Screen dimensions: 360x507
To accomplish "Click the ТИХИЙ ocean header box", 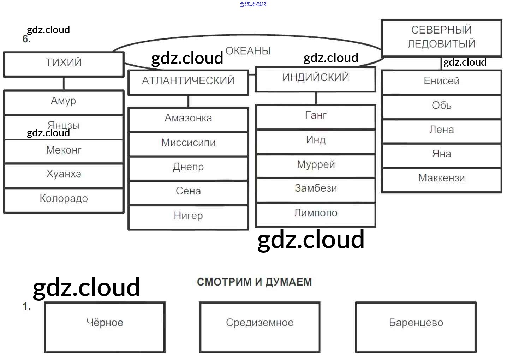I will click(x=64, y=64).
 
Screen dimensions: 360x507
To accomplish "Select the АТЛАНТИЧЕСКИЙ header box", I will click(x=188, y=82).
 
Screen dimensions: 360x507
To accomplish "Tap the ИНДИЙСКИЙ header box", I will click(x=316, y=78).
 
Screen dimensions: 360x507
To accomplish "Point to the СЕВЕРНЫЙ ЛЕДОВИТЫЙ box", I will click(x=441, y=37).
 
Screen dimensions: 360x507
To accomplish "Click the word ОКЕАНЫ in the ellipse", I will click(x=248, y=51).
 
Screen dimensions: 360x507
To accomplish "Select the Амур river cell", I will click(x=64, y=102).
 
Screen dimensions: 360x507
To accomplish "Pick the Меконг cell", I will click(x=64, y=151).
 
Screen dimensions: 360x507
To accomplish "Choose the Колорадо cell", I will click(x=64, y=199).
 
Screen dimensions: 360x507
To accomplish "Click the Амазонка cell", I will click(x=188, y=119).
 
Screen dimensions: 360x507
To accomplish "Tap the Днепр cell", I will click(x=188, y=168).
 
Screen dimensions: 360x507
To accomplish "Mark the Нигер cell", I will click(x=188, y=216).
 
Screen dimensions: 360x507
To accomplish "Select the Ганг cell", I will click(x=316, y=116).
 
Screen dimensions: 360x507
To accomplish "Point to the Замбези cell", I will click(x=316, y=189).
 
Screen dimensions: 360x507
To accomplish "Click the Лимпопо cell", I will click(x=316, y=214).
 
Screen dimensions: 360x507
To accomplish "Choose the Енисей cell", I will click(x=441, y=82).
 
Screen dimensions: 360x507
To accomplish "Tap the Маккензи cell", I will click(x=441, y=179).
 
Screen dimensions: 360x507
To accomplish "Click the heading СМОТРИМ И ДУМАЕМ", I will click(x=254, y=282).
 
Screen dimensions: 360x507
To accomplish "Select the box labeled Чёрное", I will click(x=105, y=327).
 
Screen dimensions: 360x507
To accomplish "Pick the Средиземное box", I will click(x=260, y=327).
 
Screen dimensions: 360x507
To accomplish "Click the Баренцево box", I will click(x=416, y=327).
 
